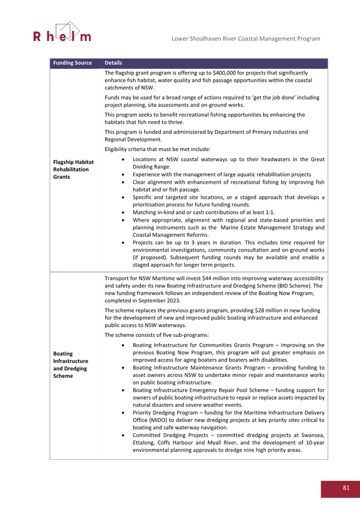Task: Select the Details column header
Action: pos(113,63)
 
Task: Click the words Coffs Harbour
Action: pos(175,443)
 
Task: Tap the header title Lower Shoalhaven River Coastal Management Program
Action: pos(245,38)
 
